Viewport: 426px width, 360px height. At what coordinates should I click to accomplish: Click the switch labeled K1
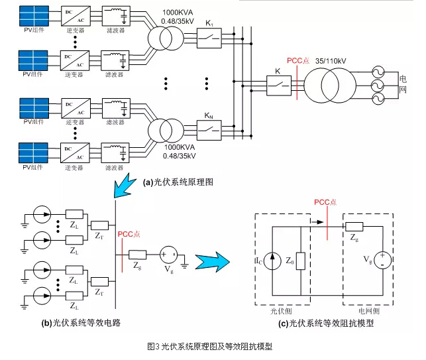211,36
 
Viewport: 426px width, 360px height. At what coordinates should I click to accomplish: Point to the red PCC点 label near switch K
294,60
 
